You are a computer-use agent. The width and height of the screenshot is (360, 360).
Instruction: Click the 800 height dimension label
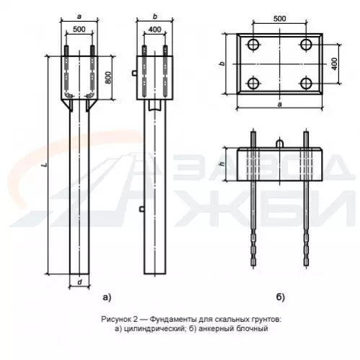coord(109,77)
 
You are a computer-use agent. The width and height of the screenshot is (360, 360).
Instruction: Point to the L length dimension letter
coord(44,164)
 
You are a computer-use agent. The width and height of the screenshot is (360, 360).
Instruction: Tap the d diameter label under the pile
coord(80,282)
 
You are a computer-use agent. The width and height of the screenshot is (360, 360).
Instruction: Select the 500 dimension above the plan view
coord(280,19)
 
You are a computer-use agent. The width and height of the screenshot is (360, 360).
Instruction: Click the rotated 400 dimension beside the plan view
coord(335,64)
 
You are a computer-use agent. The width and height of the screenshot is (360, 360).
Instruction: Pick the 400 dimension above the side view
coord(155,30)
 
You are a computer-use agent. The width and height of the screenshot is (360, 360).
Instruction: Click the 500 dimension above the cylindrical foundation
coord(79,30)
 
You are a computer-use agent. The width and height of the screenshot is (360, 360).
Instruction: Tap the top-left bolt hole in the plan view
coord(253,44)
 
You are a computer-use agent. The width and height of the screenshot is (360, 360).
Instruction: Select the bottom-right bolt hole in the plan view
coord(307,84)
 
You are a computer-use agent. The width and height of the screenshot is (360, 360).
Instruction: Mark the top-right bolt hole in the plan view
coord(307,44)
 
